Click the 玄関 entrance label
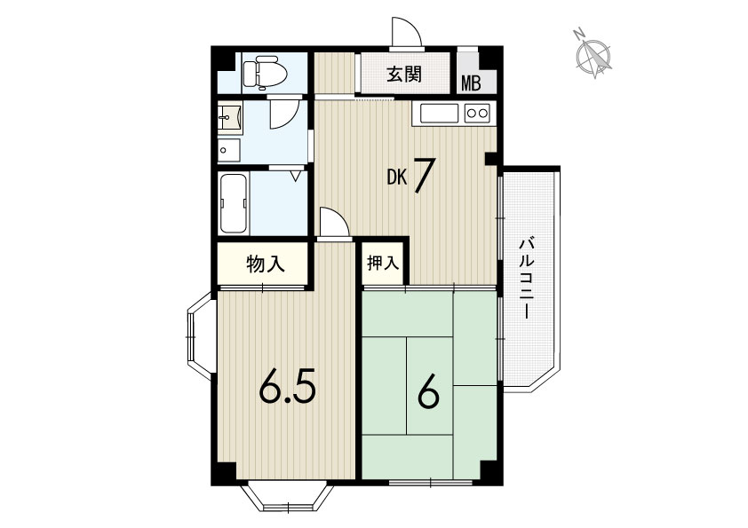click(404, 74)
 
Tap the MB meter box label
click(471, 84)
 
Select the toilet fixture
click(265, 73)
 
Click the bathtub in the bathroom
click(234, 203)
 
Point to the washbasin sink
click(230, 116)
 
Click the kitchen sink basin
click(439, 113)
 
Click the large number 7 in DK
click(422, 176)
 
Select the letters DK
click(397, 177)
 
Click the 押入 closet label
click(383, 263)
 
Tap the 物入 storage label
click(266, 264)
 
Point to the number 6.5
click(287, 388)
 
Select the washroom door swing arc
click(284, 114)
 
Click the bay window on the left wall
click(200, 336)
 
